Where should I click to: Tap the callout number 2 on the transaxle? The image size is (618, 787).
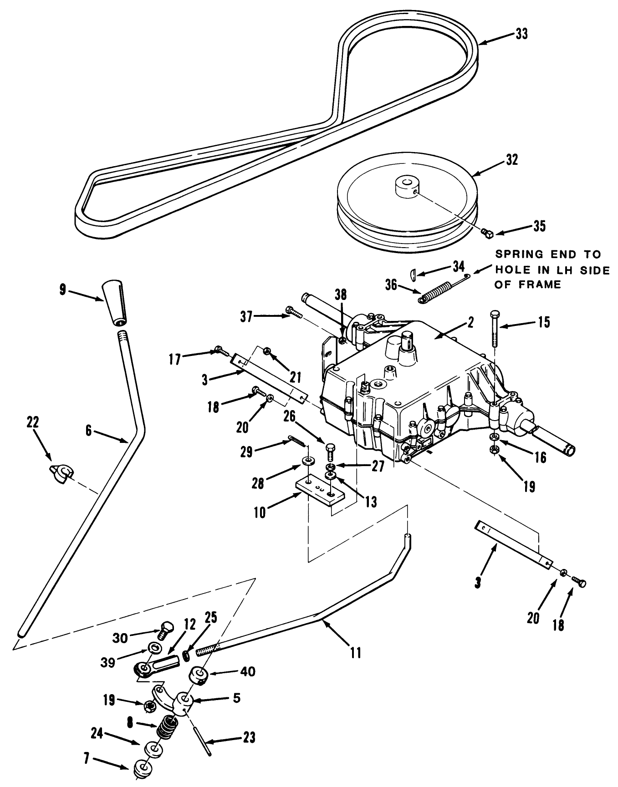(470, 323)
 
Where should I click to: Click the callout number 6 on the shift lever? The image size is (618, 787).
(89, 430)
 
